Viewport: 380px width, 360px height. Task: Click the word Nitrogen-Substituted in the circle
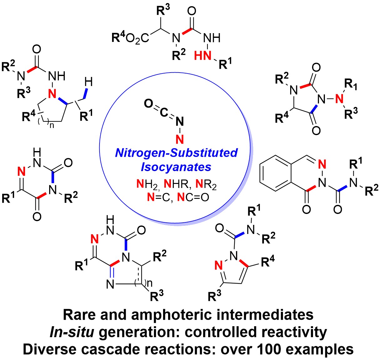177,153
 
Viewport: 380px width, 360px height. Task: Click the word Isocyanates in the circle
176,167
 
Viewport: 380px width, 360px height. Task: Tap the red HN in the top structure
203,56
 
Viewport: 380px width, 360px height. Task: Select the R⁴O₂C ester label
131,38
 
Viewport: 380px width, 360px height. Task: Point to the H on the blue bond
89,83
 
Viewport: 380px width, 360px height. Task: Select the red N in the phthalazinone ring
322,164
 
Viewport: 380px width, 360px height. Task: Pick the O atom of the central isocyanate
149,104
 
